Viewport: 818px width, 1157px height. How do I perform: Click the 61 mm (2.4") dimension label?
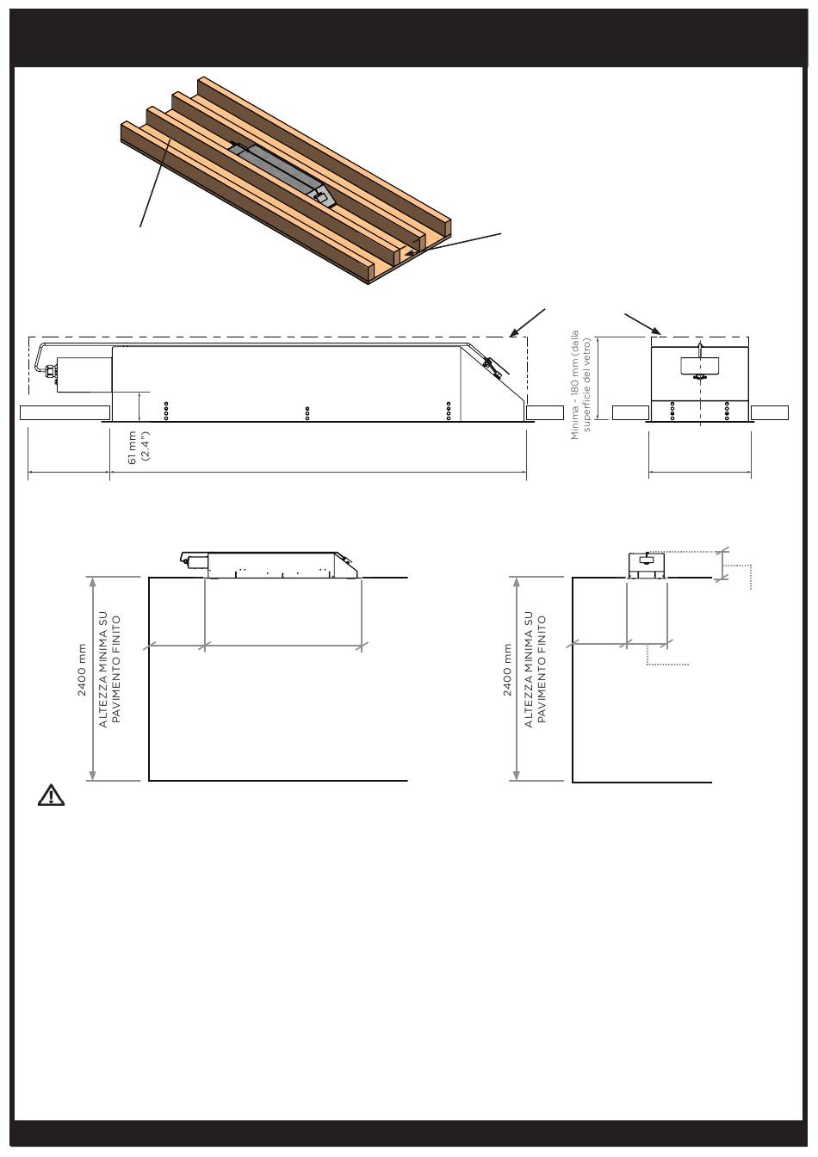point(139,448)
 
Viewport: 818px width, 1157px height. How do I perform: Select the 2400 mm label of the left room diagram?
point(82,670)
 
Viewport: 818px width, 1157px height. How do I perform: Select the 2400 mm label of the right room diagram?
point(507,670)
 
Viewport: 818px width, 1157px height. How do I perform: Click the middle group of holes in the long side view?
point(307,413)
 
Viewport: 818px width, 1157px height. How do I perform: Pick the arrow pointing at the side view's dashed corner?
point(527,323)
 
